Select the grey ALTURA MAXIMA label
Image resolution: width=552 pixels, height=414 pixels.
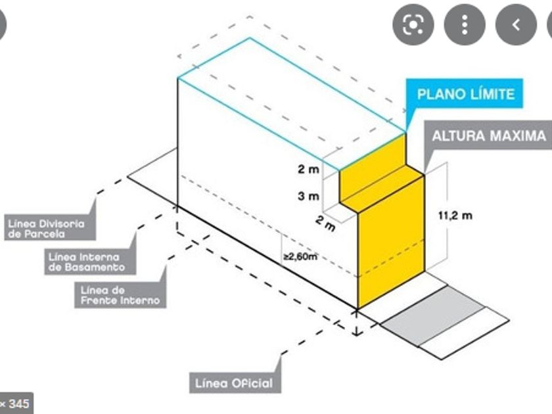tap(488, 137)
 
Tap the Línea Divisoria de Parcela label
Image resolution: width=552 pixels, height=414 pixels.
tap(47, 229)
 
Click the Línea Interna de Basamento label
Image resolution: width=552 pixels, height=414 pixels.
tap(86, 262)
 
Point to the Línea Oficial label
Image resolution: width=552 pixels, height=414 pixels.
tap(233, 382)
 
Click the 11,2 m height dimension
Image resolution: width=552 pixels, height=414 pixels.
tap(455, 214)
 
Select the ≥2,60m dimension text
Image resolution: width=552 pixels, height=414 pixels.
tap(300, 256)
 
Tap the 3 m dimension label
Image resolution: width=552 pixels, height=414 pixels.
tap(308, 196)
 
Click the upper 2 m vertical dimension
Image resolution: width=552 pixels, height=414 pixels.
tap(308, 169)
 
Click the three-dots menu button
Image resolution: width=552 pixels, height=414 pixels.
tap(464, 25)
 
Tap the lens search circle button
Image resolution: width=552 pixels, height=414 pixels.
tap(413, 25)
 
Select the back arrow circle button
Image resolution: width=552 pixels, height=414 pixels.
tap(516, 25)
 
